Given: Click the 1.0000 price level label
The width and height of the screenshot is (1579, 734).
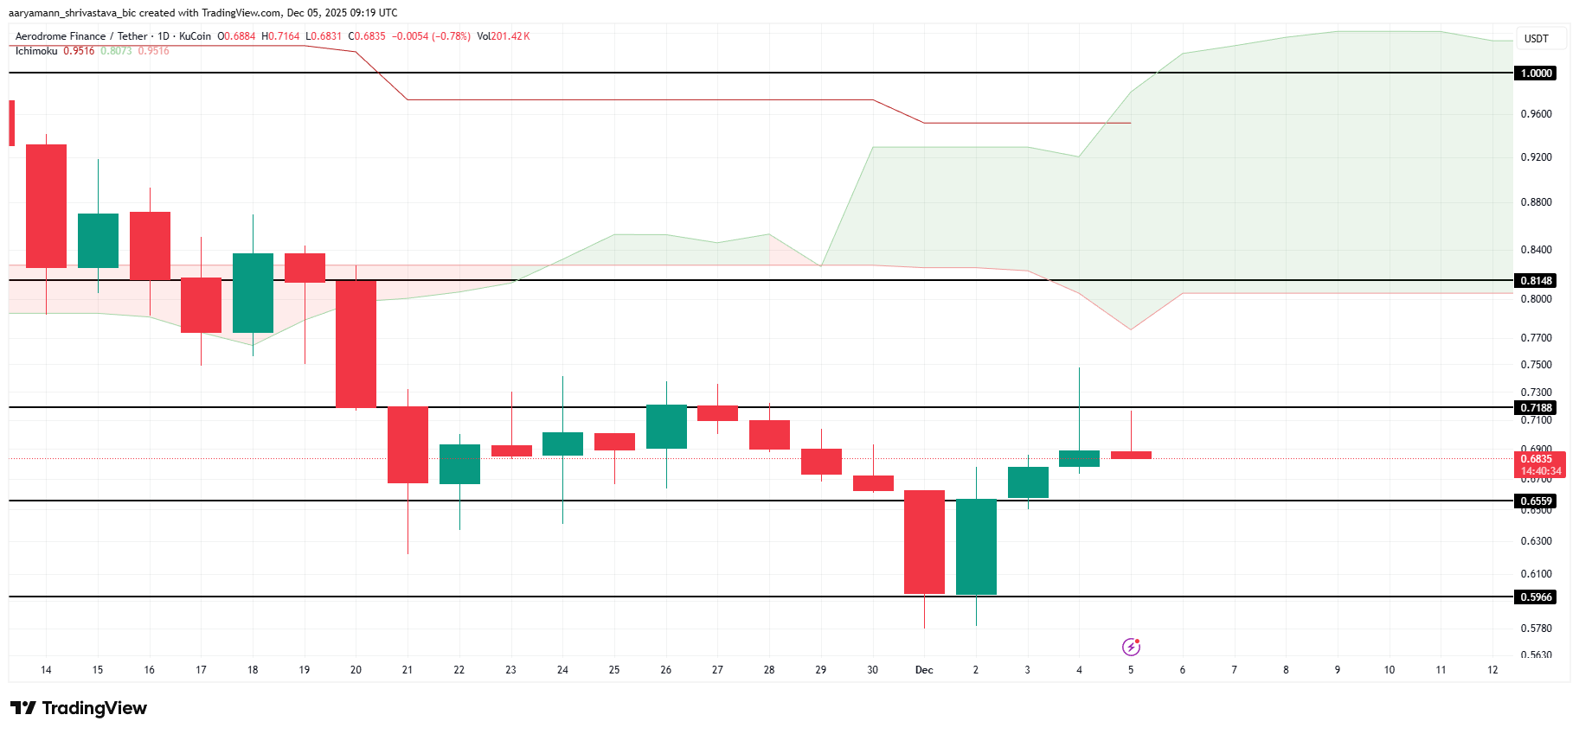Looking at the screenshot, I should (1536, 73).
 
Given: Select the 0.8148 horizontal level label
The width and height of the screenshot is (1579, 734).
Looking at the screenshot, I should (1536, 281).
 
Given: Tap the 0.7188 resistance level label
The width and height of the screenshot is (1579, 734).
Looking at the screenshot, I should (1536, 408).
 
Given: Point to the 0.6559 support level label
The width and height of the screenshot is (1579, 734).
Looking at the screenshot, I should (1536, 501).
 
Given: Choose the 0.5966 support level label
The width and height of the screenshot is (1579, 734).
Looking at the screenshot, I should (1536, 597).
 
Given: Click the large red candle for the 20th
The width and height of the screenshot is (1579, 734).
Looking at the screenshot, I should (356, 343).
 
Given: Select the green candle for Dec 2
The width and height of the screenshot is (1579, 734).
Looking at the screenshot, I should (976, 546).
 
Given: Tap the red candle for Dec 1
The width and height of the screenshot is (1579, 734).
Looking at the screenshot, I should (924, 542).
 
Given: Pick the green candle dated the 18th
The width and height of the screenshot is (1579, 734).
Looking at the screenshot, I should (253, 293).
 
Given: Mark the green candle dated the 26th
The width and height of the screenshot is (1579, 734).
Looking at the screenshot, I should (666, 426).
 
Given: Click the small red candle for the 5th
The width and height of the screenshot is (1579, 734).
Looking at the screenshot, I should (1131, 455).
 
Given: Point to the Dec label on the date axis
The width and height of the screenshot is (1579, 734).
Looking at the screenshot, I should (924, 670).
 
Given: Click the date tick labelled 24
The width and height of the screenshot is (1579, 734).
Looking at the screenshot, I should (562, 670).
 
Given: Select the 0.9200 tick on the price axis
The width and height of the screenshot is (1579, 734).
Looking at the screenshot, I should (1536, 157).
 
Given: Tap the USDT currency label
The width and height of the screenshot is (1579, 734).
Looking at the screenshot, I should (1536, 39).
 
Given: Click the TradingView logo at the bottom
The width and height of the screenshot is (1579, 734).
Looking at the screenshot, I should (79, 708).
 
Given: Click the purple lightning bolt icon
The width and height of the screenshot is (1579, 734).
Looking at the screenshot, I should (1131, 647).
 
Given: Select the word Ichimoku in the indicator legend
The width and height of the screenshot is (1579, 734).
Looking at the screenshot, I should (36, 51).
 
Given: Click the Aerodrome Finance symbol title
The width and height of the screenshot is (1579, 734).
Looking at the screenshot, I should (61, 36).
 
